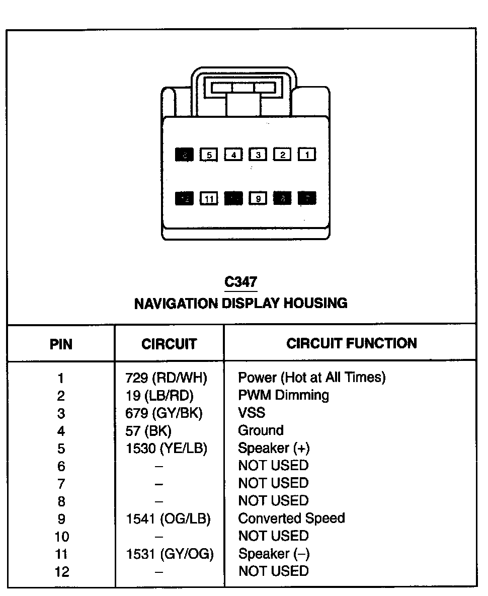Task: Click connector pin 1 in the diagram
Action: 307,155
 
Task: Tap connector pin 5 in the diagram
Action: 209,155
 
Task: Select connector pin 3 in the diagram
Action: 258,155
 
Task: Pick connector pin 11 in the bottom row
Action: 209,199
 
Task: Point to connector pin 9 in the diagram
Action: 258,199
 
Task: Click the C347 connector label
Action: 241,282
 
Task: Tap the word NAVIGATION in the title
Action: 176,303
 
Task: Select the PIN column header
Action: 61,344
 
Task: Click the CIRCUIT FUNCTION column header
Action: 351,343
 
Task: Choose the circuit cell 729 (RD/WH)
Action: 166,378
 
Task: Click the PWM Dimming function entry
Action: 283,395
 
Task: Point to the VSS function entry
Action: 252,413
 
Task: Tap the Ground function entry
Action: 261,430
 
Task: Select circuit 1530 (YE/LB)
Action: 166,448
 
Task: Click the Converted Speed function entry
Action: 291,518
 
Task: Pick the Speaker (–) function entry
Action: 274,554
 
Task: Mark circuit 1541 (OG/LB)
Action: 168,518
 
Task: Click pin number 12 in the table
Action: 61,572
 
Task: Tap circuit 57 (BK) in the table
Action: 148,430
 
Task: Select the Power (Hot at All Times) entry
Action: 311,378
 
